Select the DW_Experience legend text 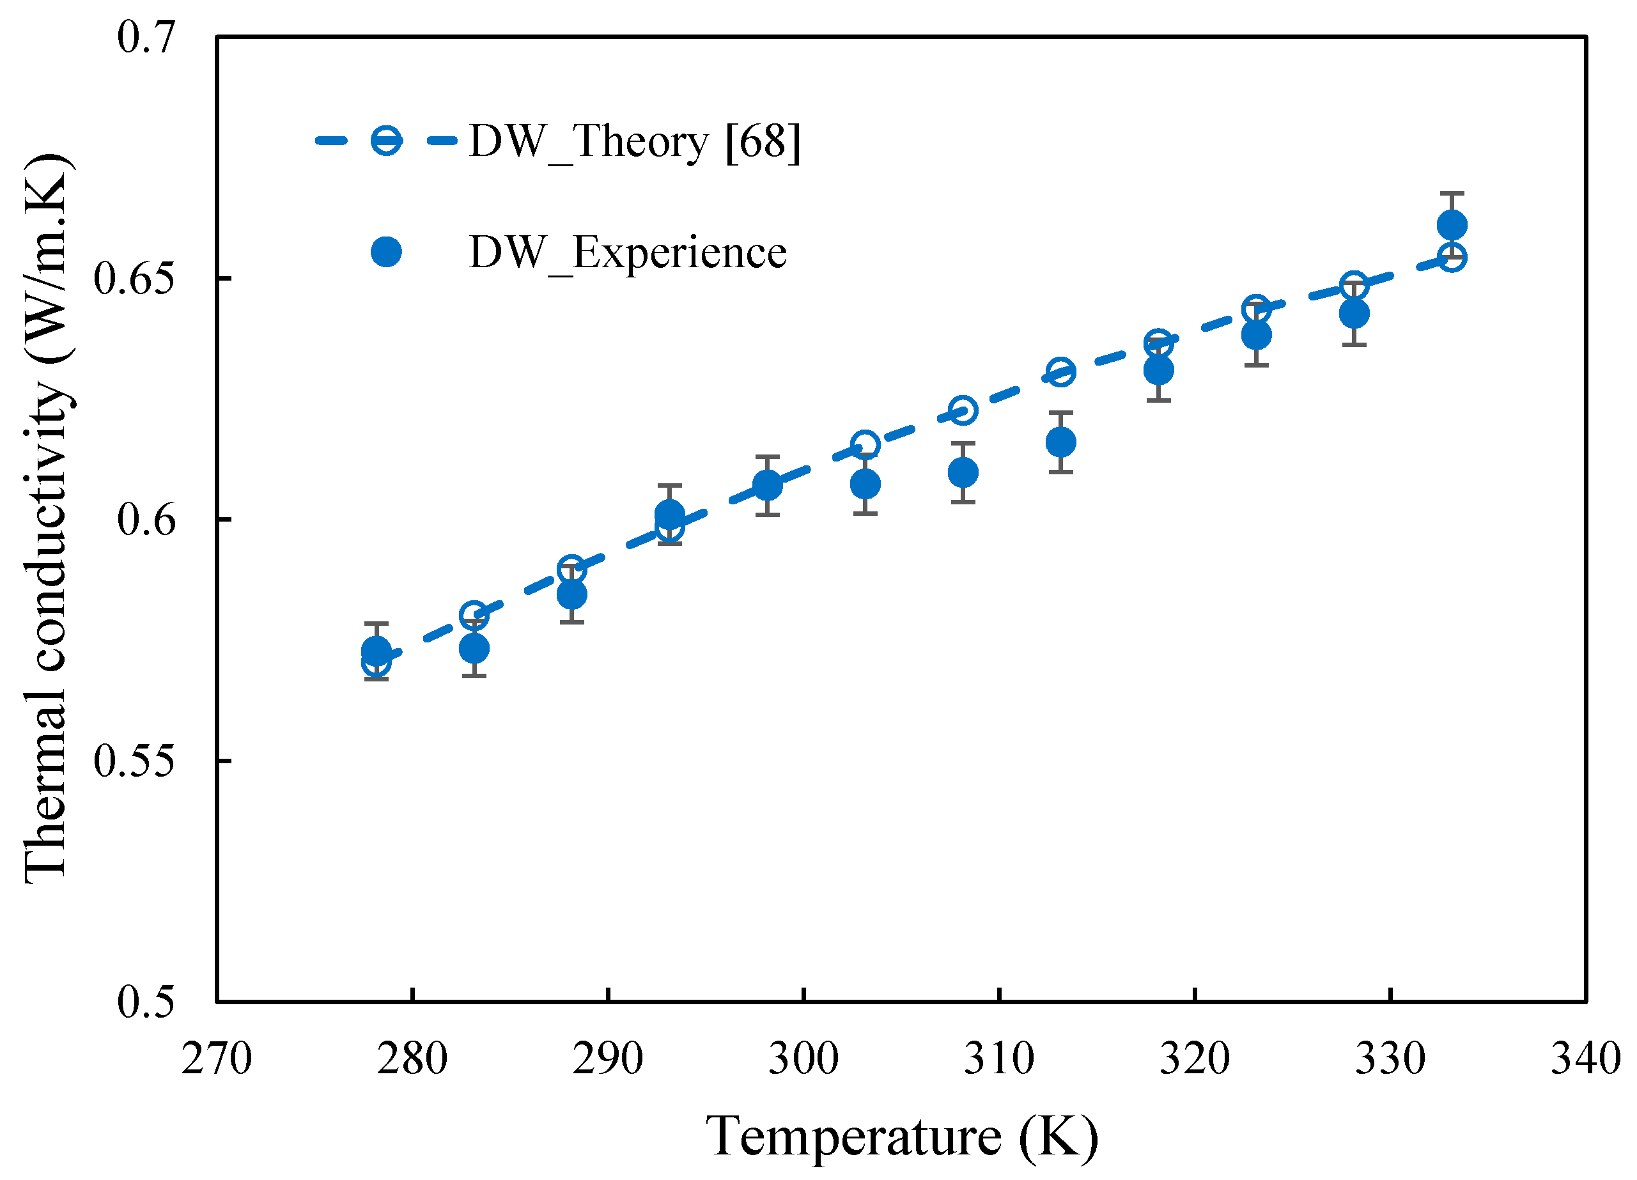tap(627, 252)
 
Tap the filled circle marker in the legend tap(386, 252)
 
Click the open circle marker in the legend tap(386, 140)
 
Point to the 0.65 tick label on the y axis tap(134, 279)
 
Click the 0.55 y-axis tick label tap(134, 761)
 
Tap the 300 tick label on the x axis tap(803, 1059)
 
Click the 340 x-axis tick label tap(1586, 1059)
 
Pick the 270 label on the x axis tap(217, 1059)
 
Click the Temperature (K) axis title tap(901, 1136)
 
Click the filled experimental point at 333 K tap(1452, 225)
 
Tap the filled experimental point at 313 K tap(1060, 442)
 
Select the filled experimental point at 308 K tap(963, 473)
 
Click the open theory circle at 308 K tap(963, 410)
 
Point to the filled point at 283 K tap(474, 648)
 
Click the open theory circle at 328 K tap(1354, 286)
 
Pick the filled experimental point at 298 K tap(767, 486)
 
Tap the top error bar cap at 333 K tap(1452, 194)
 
